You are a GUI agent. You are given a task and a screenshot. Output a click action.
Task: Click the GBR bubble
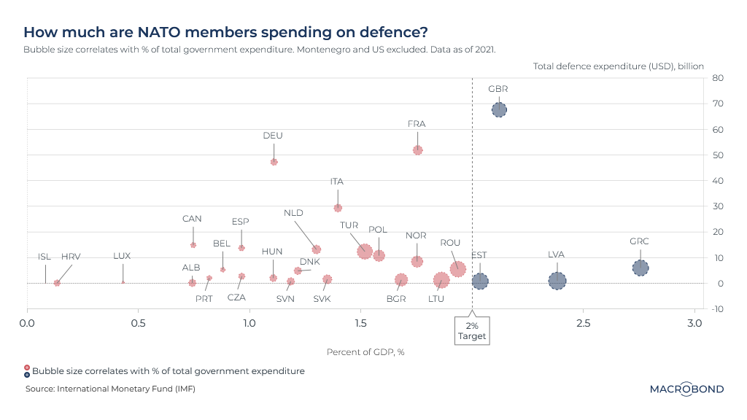[499, 110]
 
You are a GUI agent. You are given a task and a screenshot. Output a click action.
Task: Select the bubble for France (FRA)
[417, 150]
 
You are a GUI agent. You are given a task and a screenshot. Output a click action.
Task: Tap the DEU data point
[274, 162]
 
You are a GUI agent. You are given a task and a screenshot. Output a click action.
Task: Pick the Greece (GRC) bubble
[640, 268]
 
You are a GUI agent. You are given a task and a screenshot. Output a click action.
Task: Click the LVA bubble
[557, 280]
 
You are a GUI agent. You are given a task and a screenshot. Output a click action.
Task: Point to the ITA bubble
[338, 208]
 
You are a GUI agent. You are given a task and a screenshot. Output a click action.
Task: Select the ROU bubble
[457, 268]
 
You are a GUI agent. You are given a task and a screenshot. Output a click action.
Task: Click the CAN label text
[192, 219]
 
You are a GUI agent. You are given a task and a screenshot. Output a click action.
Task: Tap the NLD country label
[293, 213]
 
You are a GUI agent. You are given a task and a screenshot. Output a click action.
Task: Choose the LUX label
[122, 256]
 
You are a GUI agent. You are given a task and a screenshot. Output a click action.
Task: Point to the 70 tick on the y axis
[718, 104]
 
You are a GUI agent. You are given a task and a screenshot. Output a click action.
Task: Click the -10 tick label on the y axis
[718, 309]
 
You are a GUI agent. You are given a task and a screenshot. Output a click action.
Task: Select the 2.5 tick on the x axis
[583, 322]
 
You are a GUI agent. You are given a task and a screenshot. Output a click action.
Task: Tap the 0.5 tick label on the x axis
[139, 322]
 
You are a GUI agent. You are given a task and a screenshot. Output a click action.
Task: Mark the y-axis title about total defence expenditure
[618, 66]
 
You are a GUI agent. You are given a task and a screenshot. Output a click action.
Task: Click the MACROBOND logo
[686, 389]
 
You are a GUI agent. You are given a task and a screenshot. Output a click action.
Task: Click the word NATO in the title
[158, 32]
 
